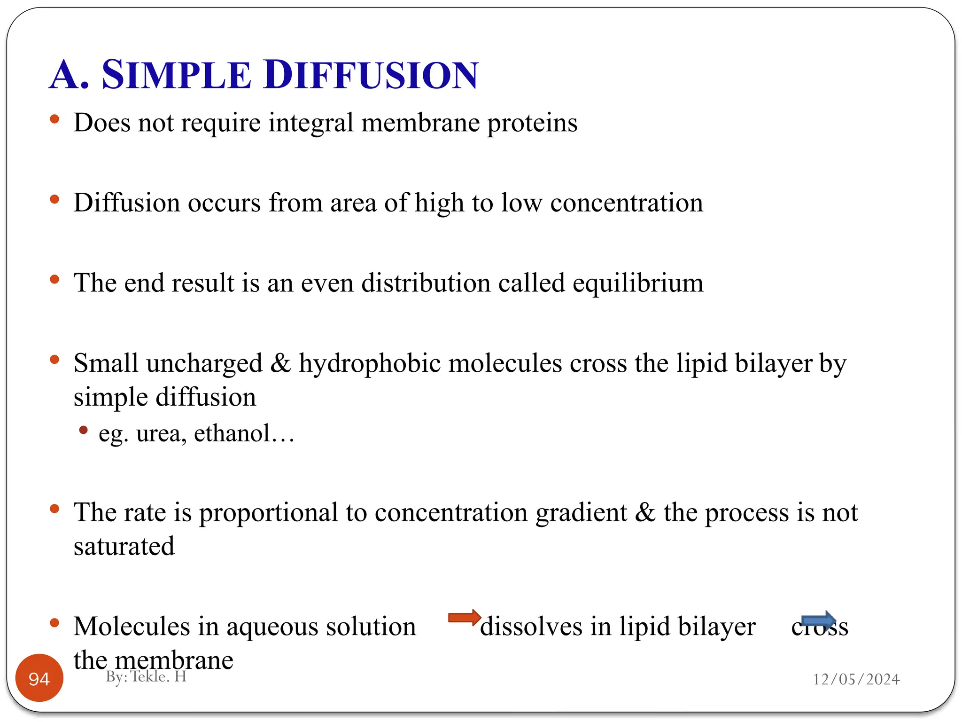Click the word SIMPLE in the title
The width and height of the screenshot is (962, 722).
(176, 75)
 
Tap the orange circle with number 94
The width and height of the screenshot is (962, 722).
(39, 678)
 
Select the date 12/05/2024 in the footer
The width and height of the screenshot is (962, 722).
(856, 679)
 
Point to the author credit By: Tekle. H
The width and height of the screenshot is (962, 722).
(146, 676)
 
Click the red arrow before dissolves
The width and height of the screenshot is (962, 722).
(464, 617)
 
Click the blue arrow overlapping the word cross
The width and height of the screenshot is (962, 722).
(818, 620)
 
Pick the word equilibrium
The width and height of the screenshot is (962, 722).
(637, 283)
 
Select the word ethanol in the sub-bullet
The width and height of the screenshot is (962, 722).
(233, 433)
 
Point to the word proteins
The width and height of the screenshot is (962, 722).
(532, 123)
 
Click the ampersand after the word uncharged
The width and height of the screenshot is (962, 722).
(280, 363)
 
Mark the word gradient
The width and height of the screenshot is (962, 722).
(581, 513)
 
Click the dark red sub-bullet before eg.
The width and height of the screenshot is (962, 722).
(84, 430)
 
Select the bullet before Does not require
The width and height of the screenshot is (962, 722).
(54, 119)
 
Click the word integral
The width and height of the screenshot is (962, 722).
(311, 123)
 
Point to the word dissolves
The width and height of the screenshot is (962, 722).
(531, 627)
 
